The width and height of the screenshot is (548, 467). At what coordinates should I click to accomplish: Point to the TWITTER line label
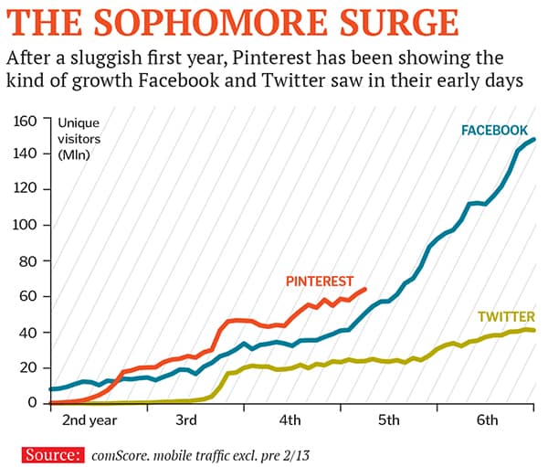505,317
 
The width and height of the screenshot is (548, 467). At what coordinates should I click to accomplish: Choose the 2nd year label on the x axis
88,421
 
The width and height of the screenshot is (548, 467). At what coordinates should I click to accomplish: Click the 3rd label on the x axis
186,421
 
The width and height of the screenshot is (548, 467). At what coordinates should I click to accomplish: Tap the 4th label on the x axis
290,421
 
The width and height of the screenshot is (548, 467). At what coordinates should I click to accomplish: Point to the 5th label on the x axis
388,421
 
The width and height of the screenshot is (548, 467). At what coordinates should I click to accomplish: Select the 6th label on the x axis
487,421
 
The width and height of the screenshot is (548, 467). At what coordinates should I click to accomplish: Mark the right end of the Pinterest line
365,289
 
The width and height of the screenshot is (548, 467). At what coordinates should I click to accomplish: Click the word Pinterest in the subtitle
266,58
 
